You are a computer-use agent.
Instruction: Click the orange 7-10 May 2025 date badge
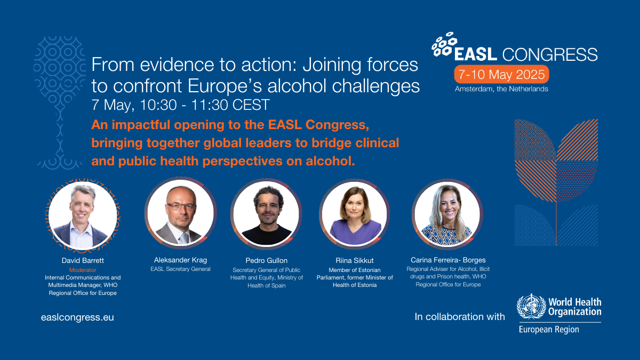(501, 75)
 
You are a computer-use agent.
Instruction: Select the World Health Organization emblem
(531, 306)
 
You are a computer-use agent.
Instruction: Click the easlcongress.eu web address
(77, 317)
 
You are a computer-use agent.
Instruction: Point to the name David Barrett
(83, 260)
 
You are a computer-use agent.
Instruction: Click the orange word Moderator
(83, 270)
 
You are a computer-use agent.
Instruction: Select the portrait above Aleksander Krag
(181, 213)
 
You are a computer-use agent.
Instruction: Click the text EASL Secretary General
(181, 269)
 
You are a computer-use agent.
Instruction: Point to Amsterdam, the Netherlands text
(501, 89)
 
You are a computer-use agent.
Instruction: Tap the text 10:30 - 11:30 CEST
(205, 105)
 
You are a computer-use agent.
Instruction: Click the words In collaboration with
(460, 317)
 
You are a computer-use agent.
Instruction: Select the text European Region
(549, 330)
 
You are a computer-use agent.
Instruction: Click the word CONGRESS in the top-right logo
(550, 54)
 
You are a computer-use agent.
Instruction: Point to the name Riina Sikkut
(355, 260)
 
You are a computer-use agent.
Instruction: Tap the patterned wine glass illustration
(60, 102)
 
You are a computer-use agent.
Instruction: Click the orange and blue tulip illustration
(556, 182)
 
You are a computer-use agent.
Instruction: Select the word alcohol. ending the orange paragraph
(330, 161)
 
